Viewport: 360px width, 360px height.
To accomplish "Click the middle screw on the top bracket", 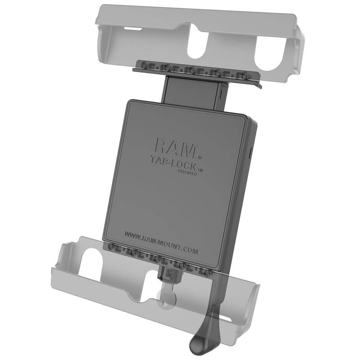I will coord(192,70).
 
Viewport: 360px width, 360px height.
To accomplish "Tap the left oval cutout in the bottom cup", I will coord(94,261).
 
